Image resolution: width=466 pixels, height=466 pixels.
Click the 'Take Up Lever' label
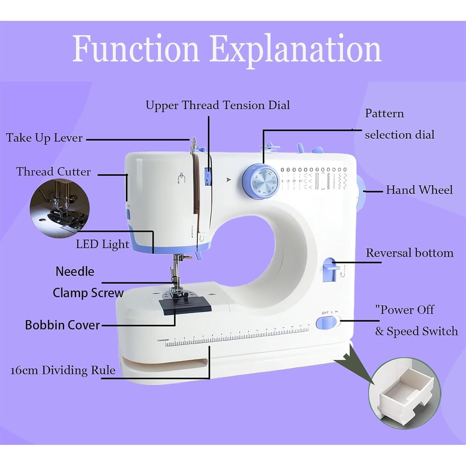pos(44,138)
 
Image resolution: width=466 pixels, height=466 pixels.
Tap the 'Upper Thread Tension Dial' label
pos(217,105)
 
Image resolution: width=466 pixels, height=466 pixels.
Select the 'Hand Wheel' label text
pos(419,190)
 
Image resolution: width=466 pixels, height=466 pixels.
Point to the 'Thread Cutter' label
pos(53,171)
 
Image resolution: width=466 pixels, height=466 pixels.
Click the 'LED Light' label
pos(102,244)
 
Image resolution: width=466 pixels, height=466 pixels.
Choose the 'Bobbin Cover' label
pos(62,325)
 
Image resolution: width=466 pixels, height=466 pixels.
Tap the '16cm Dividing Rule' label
pos(63,370)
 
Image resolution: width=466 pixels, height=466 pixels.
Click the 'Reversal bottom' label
pos(409,253)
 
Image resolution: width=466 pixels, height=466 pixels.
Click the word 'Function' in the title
pos(135,49)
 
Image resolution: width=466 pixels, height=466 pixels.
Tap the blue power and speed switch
pos(326,323)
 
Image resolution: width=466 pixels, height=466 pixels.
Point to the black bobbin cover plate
pos(185,305)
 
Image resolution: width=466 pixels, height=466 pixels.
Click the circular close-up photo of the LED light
pos(60,209)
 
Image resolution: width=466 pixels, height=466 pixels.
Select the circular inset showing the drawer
pos(404,393)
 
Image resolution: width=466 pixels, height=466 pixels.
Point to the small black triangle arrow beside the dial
pos(229,180)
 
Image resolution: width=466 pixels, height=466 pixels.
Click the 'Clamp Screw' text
pos(88,293)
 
